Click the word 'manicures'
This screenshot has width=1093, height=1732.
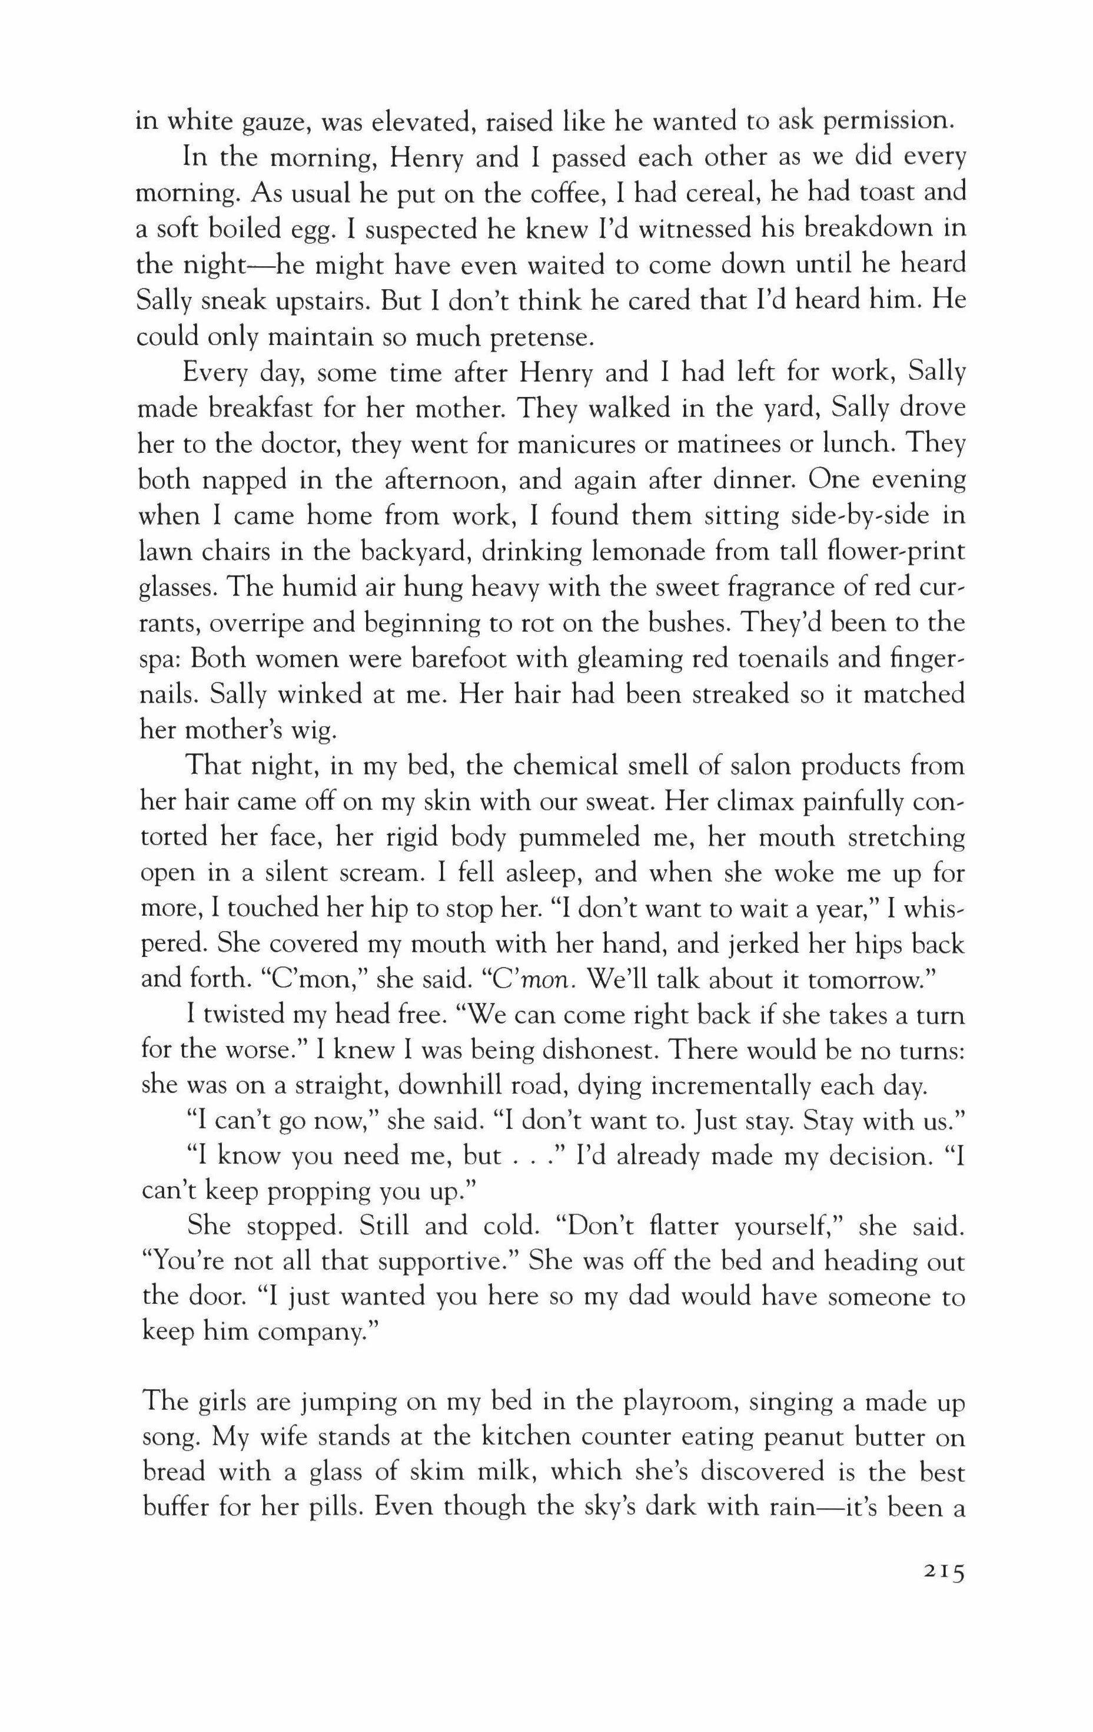(x=577, y=444)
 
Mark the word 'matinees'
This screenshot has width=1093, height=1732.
(x=711, y=444)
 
